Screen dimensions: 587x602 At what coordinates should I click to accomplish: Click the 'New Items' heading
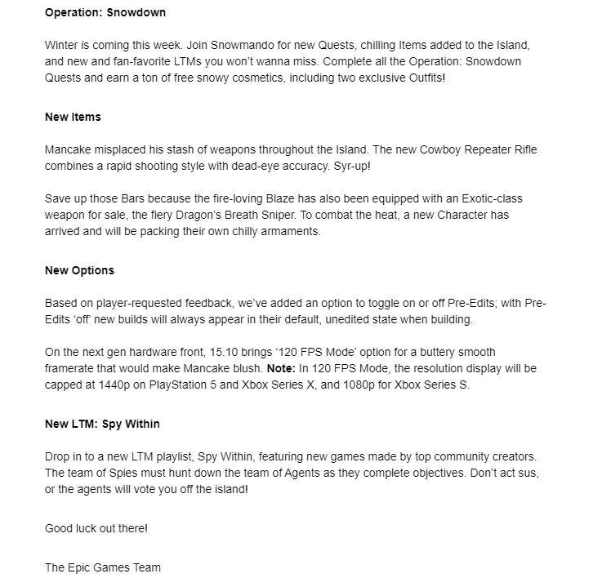click(x=73, y=117)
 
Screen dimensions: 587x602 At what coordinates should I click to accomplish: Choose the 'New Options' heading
click(x=79, y=270)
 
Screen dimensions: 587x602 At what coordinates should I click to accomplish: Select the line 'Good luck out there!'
click(x=96, y=528)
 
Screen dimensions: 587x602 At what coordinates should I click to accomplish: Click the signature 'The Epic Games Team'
click(x=103, y=567)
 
